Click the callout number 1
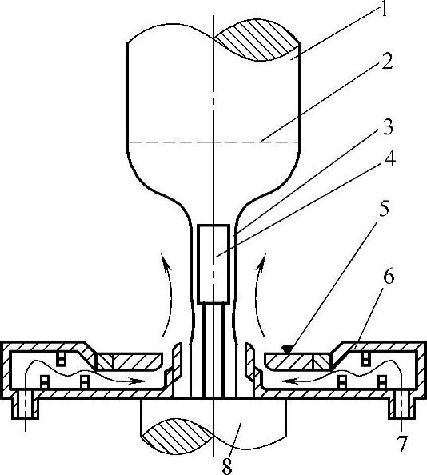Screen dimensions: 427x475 click(x=384, y=9)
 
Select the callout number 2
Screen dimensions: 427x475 click(x=387, y=62)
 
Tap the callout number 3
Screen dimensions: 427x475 click(x=387, y=126)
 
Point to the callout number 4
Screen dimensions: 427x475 click(x=389, y=158)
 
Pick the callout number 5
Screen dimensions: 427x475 click(x=384, y=208)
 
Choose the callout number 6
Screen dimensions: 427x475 click(x=389, y=276)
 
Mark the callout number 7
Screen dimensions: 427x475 click(x=402, y=444)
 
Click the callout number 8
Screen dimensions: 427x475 click(x=227, y=466)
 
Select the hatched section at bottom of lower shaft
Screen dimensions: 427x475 click(x=178, y=436)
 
